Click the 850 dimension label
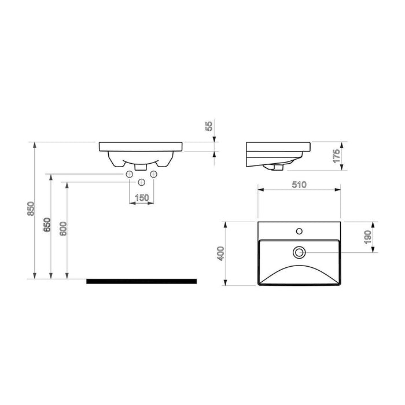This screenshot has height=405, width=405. (31, 209)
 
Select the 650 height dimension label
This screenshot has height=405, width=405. (47, 224)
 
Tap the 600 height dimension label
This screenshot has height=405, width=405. (63, 229)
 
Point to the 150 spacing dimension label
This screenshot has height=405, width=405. (142, 198)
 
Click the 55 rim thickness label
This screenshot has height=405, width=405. (209, 126)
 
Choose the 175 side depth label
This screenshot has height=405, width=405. (336, 156)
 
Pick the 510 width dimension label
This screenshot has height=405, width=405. (299, 185)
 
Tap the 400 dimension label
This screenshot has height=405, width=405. (221, 253)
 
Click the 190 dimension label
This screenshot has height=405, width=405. (367, 237)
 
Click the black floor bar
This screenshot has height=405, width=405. (142, 281)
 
